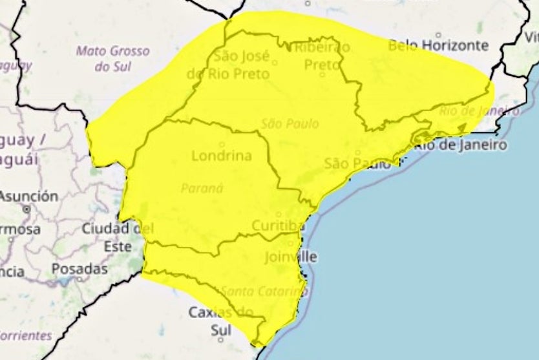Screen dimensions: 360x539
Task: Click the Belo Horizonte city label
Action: pos(438,45)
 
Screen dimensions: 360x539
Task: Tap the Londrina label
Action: pos(222,156)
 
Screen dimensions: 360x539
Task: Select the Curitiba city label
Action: pos(278,226)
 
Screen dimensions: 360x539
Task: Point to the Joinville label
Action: pos(291,257)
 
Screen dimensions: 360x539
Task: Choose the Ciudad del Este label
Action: pos(117,237)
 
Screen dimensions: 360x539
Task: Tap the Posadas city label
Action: pos(79,268)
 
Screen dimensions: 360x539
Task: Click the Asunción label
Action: pos(29,196)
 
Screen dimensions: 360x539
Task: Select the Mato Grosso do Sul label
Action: pos(112,58)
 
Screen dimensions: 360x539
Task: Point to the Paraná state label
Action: pos(202,188)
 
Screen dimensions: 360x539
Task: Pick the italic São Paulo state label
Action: pos(290,123)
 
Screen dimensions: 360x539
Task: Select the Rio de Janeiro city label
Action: pos(460,145)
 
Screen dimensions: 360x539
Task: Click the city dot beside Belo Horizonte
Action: pos(438,35)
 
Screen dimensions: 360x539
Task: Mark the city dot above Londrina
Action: pos(222,145)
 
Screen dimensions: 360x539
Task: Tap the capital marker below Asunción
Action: pos(26,209)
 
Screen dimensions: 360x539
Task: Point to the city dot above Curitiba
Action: pos(279,215)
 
